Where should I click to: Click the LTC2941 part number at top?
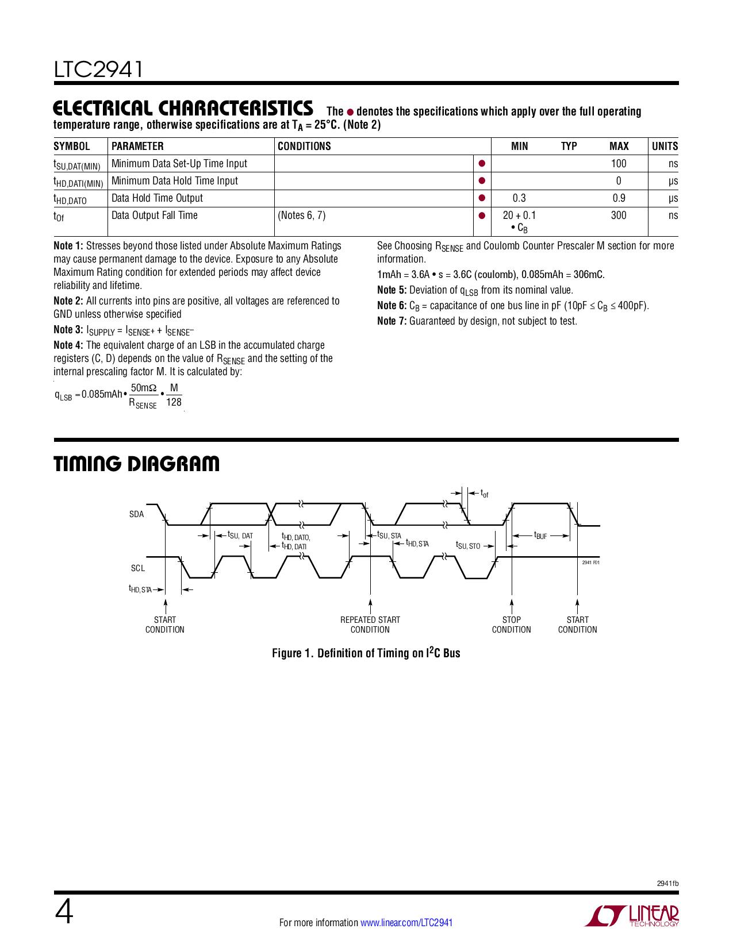pyautogui.click(x=98, y=70)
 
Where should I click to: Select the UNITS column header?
pyautogui.click(x=665, y=147)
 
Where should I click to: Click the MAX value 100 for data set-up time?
pyautogui.click(x=619, y=164)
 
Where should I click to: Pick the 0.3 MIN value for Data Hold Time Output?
pyautogui.click(x=519, y=198)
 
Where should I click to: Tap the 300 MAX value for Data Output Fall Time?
pyautogui.click(x=619, y=215)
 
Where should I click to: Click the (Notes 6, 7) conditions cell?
pyautogui.click(x=302, y=215)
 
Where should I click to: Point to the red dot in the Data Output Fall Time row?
pyautogui.click(x=482, y=216)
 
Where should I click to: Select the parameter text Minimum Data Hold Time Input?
pyautogui.click(x=175, y=181)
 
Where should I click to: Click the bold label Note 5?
pyautogui.click(x=392, y=290)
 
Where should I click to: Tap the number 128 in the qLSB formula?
pyautogui.click(x=174, y=402)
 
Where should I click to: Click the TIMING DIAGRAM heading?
pyautogui.click(x=136, y=464)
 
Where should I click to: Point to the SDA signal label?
pyautogui.click(x=137, y=514)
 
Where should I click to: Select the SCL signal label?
pyautogui.click(x=138, y=568)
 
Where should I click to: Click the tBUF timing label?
pyautogui.click(x=540, y=535)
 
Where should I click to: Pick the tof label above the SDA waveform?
pyautogui.click(x=485, y=494)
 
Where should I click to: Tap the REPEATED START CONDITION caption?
pyautogui.click(x=370, y=625)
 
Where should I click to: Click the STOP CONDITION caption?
pyautogui.click(x=512, y=625)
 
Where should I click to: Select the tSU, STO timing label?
pyautogui.click(x=468, y=545)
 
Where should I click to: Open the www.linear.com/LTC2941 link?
pyautogui.click(x=406, y=923)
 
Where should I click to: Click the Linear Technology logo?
pyautogui.click(x=632, y=916)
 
